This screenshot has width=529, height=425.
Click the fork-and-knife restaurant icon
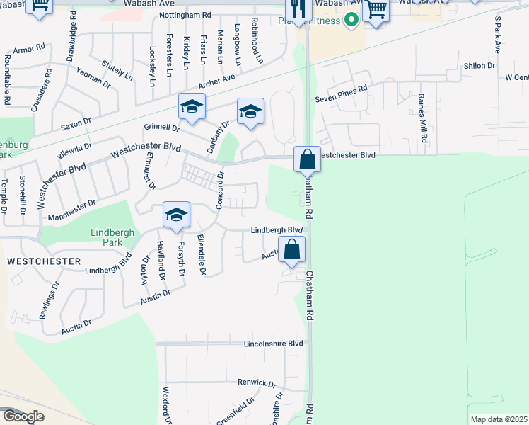(298, 9)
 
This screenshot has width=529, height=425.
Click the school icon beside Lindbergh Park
(176, 215)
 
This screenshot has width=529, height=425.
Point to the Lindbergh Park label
(106, 237)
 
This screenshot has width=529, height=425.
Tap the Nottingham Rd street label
(185, 14)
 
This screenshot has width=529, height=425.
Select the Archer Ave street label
(216, 82)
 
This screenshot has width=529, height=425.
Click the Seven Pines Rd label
(342, 89)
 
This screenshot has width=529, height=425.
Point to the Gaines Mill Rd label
(422, 118)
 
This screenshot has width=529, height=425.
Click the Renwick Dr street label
(256, 383)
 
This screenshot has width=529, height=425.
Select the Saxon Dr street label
(76, 124)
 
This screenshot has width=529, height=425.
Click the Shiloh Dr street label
(479, 65)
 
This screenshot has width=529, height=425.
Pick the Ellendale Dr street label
(202, 254)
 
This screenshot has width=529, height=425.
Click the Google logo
(23, 416)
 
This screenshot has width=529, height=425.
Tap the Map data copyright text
(499, 419)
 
